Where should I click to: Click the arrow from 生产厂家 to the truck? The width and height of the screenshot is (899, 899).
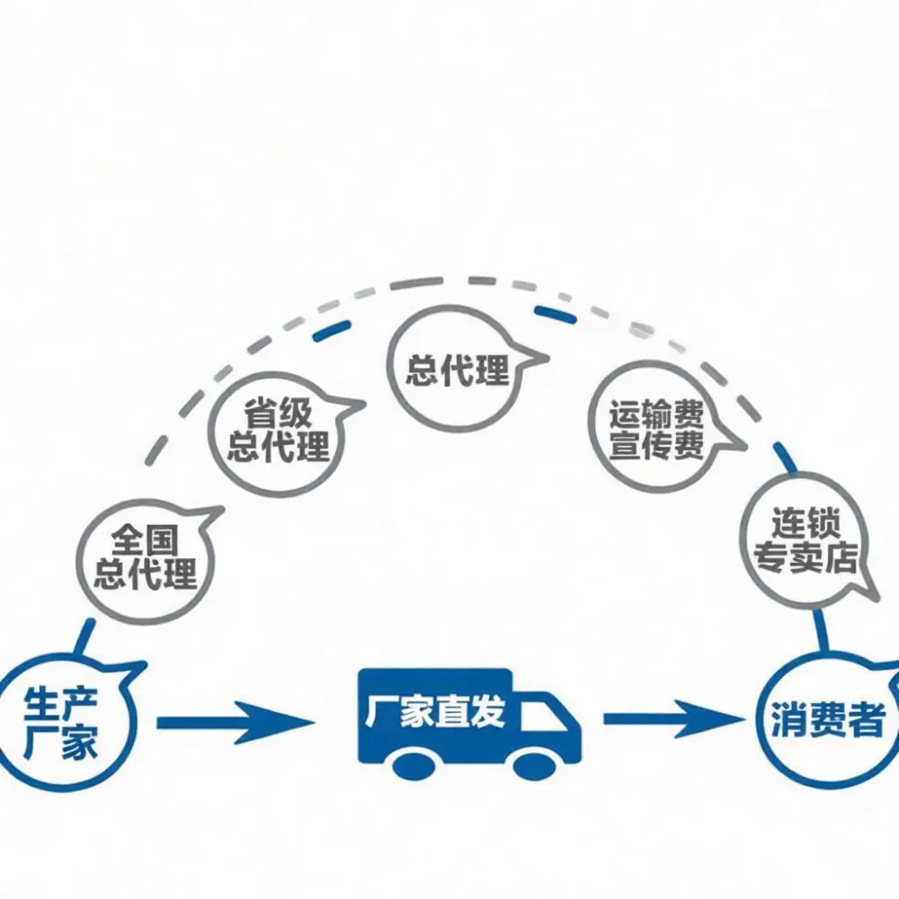(236, 722)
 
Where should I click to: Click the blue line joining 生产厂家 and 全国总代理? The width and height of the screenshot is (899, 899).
(85, 637)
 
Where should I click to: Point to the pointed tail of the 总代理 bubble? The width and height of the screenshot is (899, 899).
(548, 359)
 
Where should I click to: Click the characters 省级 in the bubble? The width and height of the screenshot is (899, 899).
(278, 414)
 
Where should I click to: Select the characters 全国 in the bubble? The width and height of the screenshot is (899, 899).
(137, 540)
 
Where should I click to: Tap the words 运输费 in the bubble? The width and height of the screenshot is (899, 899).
(656, 415)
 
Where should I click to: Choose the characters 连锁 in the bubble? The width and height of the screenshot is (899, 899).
(805, 522)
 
